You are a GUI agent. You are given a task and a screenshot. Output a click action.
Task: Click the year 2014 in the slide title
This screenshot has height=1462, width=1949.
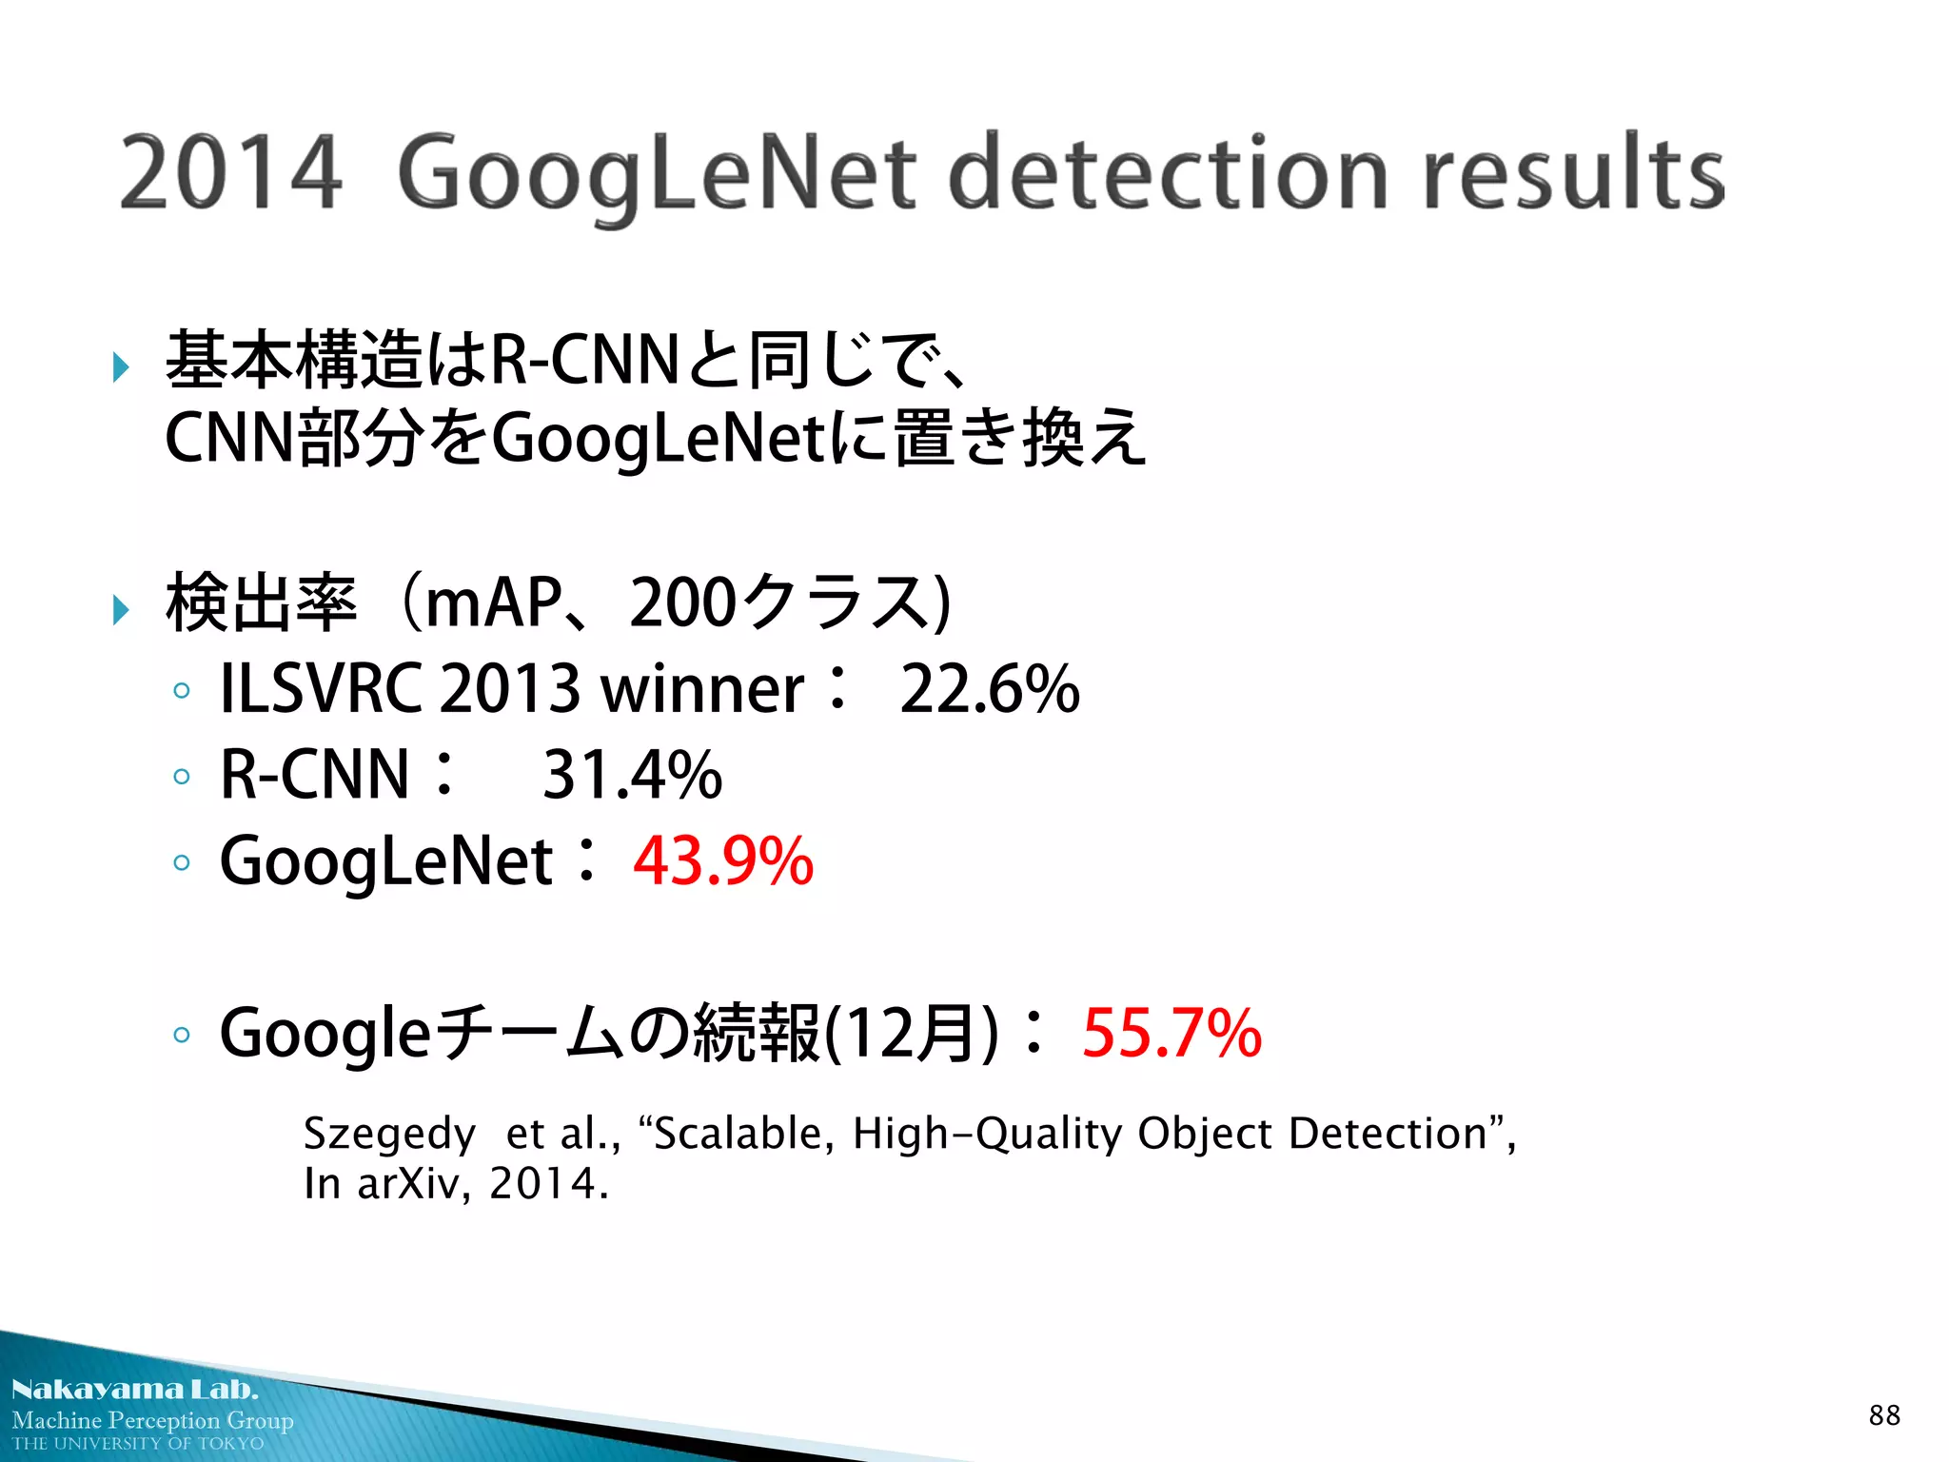coord(230,172)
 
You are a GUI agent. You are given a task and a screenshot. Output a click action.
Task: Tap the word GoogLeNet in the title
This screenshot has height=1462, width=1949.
coord(657,174)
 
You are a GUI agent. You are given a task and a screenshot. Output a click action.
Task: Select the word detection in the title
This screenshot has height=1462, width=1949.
coord(1169,172)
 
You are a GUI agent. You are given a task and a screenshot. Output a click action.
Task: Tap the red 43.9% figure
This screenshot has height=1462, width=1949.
coord(723,860)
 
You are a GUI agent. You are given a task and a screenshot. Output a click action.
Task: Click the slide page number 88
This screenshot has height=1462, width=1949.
coord(1884,1415)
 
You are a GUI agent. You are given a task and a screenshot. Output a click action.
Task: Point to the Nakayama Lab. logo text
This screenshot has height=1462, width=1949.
coord(134,1389)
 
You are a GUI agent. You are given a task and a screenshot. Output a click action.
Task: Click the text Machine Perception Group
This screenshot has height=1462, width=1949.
coord(152,1420)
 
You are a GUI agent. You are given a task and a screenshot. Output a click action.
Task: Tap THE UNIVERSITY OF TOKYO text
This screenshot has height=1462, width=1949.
coord(138,1444)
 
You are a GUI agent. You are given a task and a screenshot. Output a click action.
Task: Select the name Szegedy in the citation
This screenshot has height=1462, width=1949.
coord(389,1134)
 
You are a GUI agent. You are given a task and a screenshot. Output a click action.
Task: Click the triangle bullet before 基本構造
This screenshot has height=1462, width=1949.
coord(121,366)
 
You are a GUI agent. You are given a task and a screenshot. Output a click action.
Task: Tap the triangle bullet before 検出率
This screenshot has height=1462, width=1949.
coord(121,609)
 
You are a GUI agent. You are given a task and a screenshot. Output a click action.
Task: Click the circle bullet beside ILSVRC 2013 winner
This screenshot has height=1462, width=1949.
coord(182,691)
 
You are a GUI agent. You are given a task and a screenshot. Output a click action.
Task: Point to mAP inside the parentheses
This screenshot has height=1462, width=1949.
coord(493,603)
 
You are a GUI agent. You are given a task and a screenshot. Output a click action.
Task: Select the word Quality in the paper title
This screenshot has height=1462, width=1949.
coord(1049,1134)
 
